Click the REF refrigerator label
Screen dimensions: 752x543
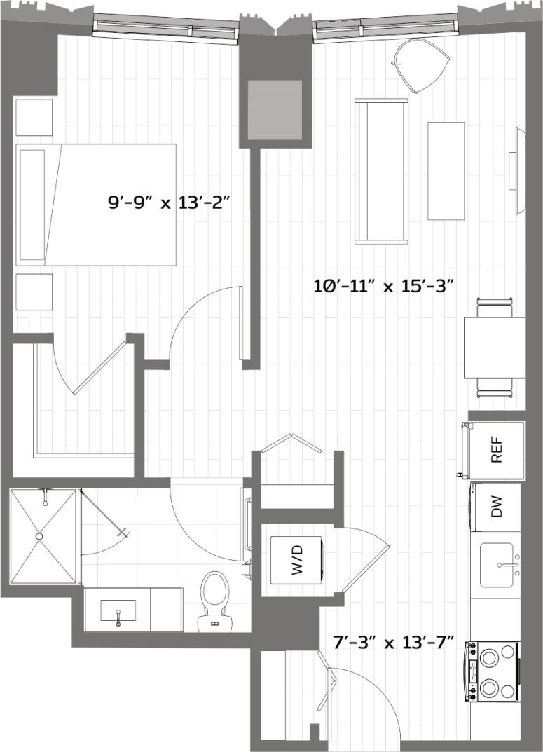click(497, 450)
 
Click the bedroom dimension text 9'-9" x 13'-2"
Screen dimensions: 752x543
click(169, 203)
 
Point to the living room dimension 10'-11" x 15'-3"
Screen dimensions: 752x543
click(385, 286)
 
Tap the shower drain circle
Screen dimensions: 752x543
click(39, 536)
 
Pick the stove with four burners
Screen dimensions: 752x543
click(493, 671)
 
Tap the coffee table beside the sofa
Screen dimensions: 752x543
click(446, 171)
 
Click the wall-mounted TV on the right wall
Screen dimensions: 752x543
click(519, 170)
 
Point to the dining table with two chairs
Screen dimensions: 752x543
click(494, 348)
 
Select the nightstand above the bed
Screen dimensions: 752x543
click(34, 117)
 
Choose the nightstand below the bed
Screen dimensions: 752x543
click(34, 292)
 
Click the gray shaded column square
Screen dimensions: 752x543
click(275, 109)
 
